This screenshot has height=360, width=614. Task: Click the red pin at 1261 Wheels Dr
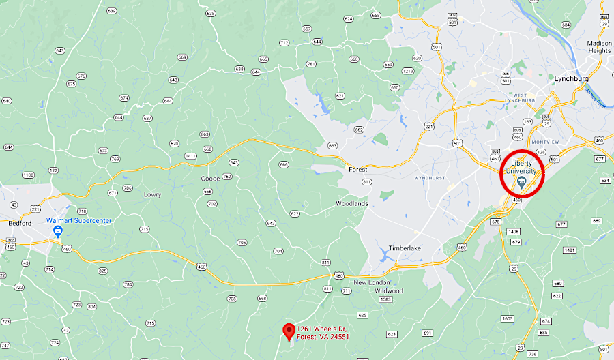pos(289,331)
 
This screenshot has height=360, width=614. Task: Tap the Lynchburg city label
pos(571,78)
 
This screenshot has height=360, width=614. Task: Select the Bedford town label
pos(20,223)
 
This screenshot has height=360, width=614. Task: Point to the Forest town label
pos(357,169)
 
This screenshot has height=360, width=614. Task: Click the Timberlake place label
pos(405,248)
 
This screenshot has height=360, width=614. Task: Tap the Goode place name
pos(210,179)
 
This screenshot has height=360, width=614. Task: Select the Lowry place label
pos(152,194)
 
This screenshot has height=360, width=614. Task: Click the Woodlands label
pos(352,204)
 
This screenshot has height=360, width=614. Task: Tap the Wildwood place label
pos(388,290)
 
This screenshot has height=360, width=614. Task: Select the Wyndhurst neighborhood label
pos(430,178)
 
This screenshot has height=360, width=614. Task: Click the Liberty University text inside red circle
pos(522,167)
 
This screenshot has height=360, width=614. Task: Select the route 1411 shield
pos(190,156)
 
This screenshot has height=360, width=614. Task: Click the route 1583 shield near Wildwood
pos(385,299)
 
